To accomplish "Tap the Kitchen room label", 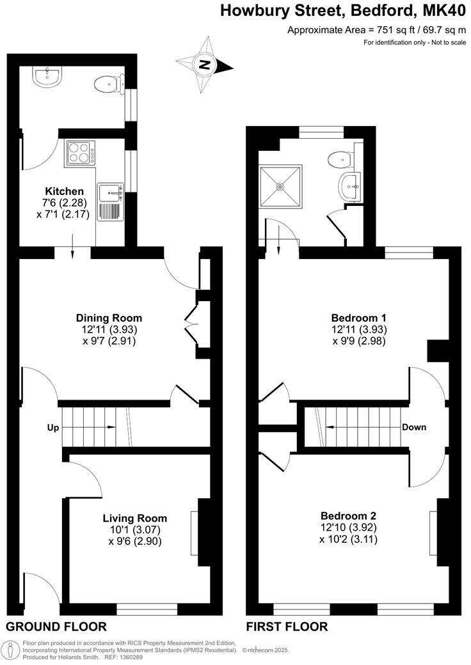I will tap(64, 191).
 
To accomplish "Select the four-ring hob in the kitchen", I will tap(79, 154).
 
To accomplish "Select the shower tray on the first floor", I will tap(280, 187).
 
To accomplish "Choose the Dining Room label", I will tap(109, 318).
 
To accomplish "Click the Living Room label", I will tap(134, 518).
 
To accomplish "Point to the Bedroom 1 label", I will tap(358, 318).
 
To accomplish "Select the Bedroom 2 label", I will tap(348, 516).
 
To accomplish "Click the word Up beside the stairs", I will tap(52, 427).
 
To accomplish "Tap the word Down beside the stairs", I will tap(414, 427).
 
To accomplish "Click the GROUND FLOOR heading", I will tap(56, 627).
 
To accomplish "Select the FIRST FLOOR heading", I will tap(287, 627).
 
